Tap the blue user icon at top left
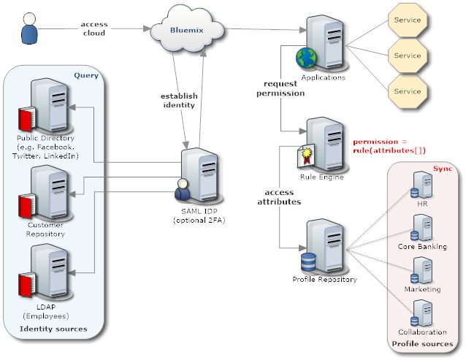click(x=28, y=29)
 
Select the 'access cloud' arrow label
click(x=94, y=28)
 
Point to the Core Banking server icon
click(x=421, y=229)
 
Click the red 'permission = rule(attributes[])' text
click(x=389, y=145)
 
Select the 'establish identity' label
click(x=178, y=100)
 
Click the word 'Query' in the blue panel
click(x=86, y=75)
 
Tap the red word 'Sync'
click(x=443, y=169)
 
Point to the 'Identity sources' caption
click(x=53, y=329)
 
